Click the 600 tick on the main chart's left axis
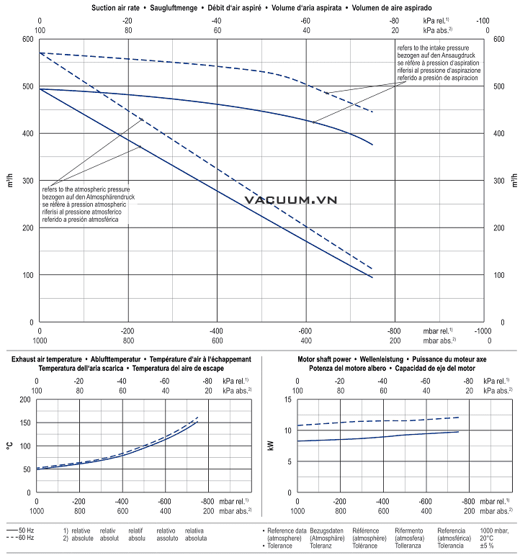click(27, 39)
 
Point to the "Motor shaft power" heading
click(325, 358)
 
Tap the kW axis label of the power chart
click(272, 446)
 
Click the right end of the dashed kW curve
click(459, 417)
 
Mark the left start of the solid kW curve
click(297, 441)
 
